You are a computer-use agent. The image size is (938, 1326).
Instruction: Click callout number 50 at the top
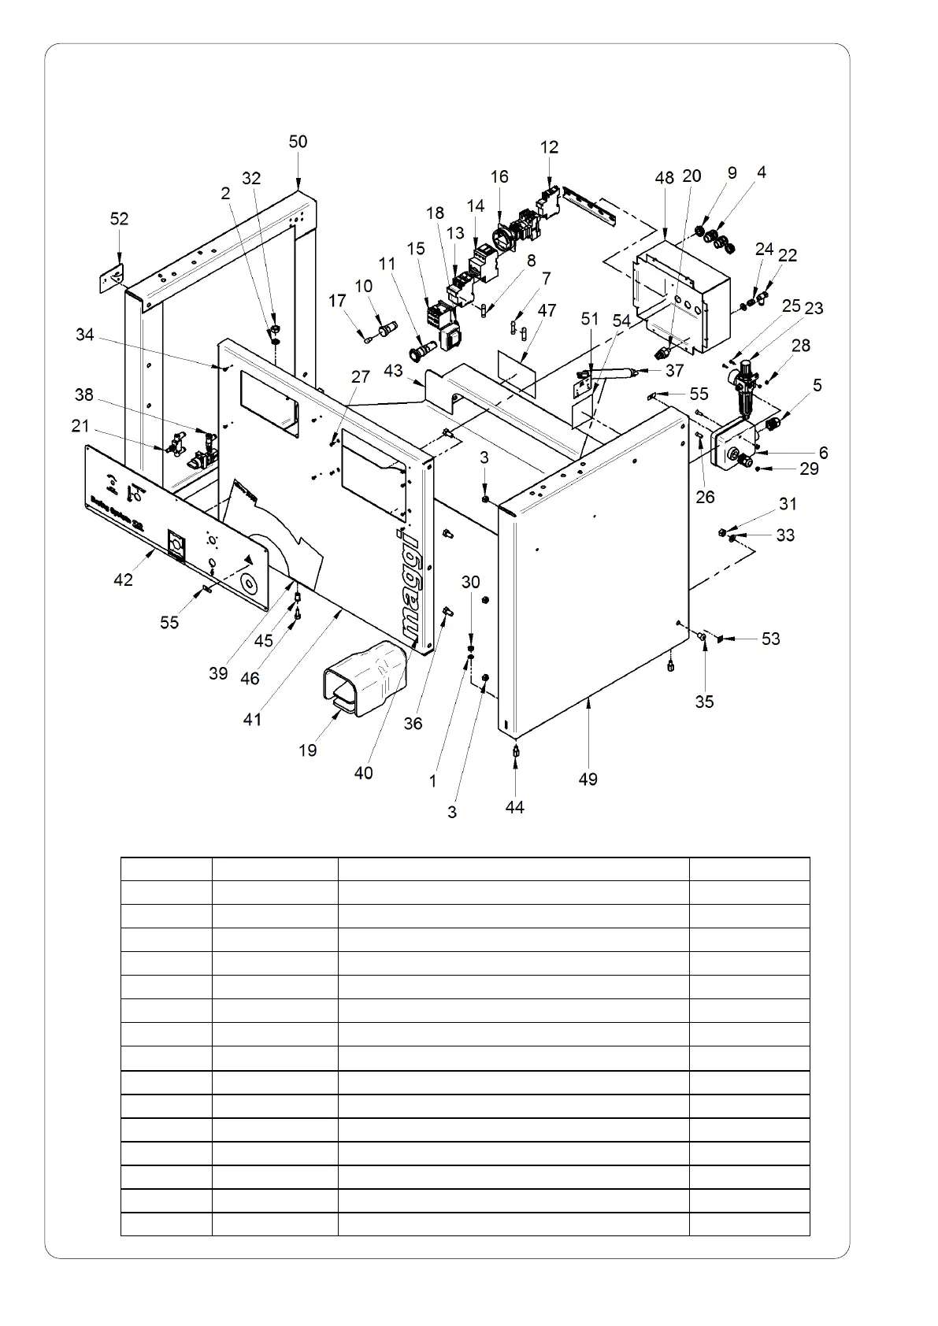[298, 142]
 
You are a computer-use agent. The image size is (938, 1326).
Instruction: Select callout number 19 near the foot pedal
[307, 750]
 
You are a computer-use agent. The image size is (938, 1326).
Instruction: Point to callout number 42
[123, 579]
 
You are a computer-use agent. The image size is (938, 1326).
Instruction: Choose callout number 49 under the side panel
[588, 779]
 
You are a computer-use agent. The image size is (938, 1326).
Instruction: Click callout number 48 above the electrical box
[664, 177]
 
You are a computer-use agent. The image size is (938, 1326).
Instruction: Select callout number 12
[549, 147]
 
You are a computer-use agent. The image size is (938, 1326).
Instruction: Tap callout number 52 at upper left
[119, 218]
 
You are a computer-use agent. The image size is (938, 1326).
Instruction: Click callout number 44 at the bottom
[514, 807]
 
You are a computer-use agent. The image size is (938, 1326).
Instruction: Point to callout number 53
[770, 638]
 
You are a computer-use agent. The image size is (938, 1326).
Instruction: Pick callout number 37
[674, 370]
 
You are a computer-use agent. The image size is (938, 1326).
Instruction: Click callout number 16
[499, 176]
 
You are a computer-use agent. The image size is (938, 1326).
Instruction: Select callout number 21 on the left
[80, 426]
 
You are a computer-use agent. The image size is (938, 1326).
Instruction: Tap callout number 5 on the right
[818, 385]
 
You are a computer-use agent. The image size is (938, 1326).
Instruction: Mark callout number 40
[362, 772]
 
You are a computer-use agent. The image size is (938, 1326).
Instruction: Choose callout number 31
[788, 504]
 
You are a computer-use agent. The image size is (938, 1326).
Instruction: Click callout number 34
[84, 335]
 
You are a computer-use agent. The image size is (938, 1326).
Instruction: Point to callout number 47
[547, 310]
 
